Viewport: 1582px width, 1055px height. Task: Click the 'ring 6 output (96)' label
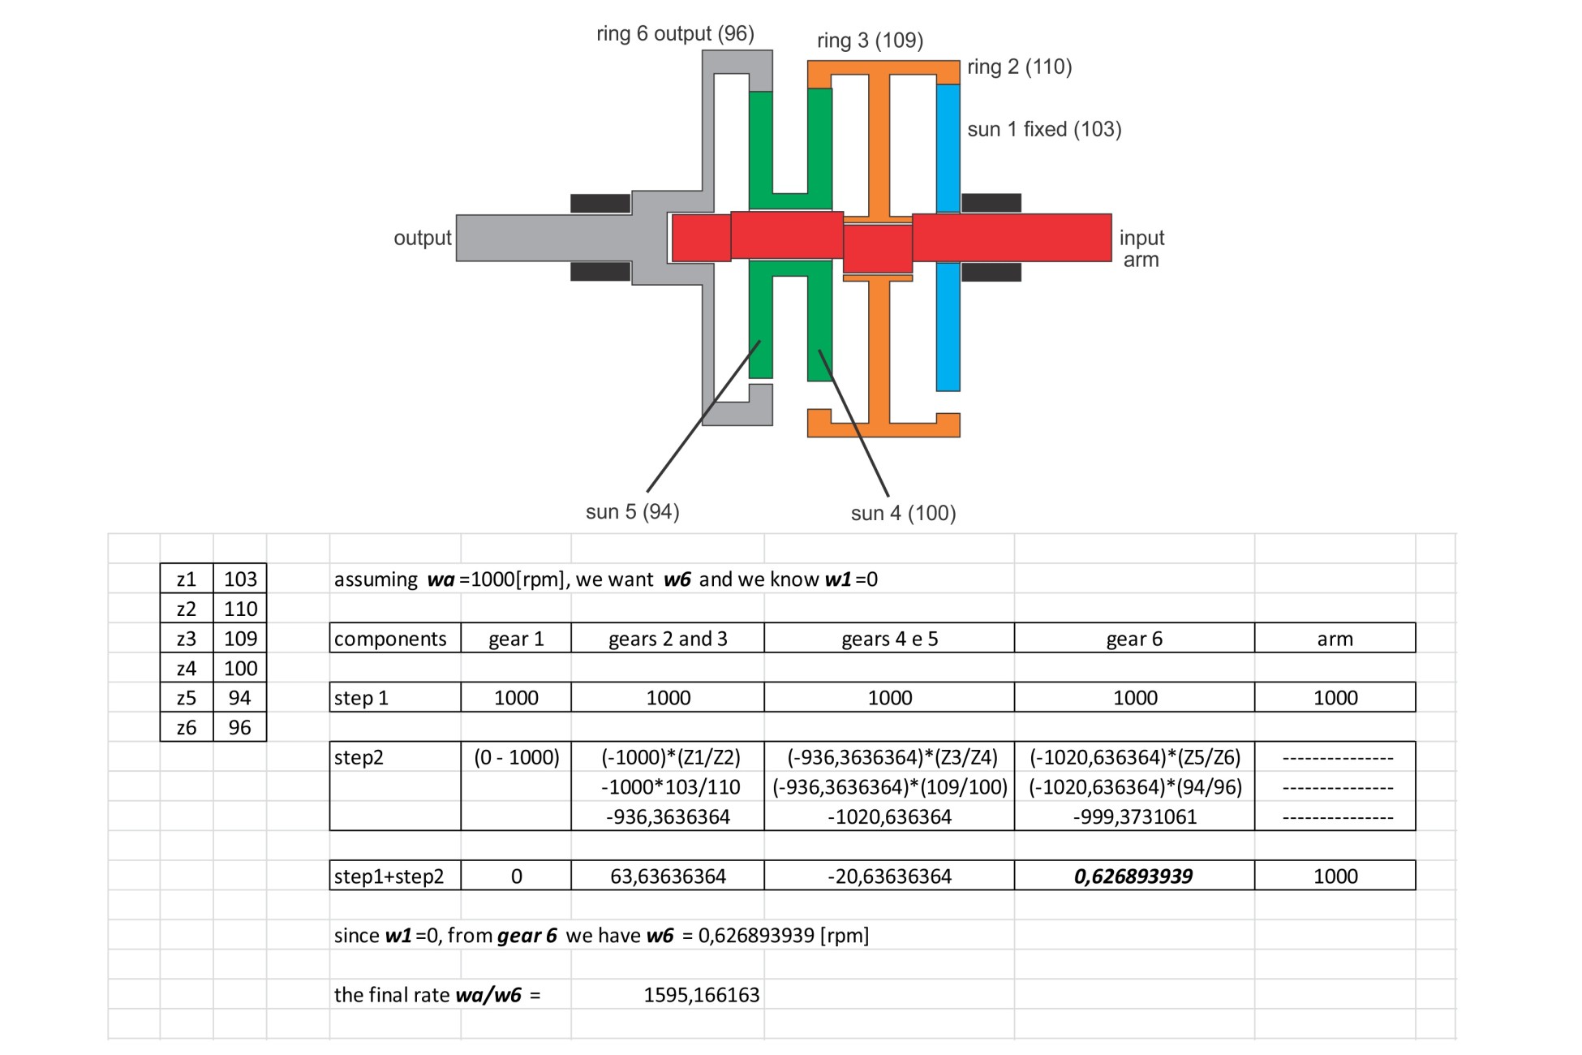(x=675, y=34)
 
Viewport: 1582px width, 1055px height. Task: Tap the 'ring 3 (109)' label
(x=870, y=41)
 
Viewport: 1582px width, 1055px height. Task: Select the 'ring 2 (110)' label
(x=1019, y=67)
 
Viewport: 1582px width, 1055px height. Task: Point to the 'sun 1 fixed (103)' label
(x=1044, y=129)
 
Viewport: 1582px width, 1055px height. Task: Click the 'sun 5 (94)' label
(x=632, y=512)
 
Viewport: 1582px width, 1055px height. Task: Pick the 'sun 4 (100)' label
(x=903, y=513)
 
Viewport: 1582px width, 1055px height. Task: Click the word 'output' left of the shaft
(x=422, y=238)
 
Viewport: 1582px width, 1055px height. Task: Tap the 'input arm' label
(x=1141, y=248)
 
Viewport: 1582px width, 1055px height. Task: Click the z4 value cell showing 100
(x=240, y=668)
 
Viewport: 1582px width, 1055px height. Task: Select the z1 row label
(x=187, y=579)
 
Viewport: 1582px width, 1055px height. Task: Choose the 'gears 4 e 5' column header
(x=889, y=639)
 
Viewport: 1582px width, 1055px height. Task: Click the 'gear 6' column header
(x=1134, y=639)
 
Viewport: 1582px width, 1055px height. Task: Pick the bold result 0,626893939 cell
(x=1133, y=876)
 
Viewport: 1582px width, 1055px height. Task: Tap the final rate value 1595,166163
(x=701, y=995)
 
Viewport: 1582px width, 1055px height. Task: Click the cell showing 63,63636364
(x=668, y=876)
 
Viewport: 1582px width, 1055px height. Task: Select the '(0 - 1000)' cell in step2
(x=516, y=757)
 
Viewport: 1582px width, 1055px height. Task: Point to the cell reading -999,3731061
(x=1134, y=816)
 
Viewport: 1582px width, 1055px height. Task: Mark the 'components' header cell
(x=390, y=639)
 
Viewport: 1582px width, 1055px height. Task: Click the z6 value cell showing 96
(x=240, y=727)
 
